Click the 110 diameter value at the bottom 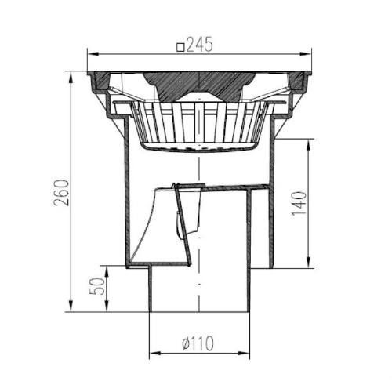[x=201, y=343]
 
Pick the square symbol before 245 [x=181, y=47]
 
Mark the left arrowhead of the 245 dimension [x=90, y=54]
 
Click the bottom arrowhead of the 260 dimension [x=73, y=309]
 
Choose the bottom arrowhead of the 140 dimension [x=313, y=263]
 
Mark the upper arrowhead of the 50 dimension [x=105, y=269]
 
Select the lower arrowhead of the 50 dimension [x=105, y=309]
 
